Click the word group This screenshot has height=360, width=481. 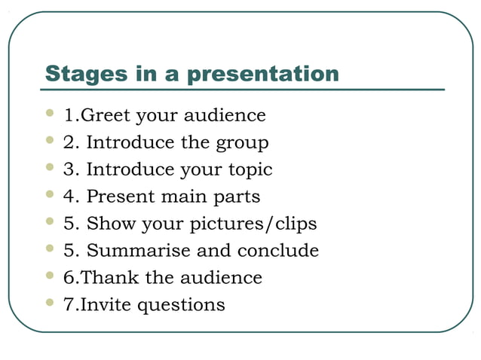point(242,143)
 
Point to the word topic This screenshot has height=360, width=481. point(250,170)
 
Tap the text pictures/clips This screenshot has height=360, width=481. point(253,224)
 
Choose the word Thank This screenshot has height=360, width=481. point(109,278)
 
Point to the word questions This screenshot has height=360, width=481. point(186,305)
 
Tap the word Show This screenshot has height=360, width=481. point(106,224)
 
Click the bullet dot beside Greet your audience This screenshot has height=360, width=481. point(50,114)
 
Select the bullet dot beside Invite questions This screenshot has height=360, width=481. point(50,303)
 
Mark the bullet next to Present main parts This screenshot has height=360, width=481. point(50,195)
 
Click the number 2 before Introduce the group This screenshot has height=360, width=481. point(69,143)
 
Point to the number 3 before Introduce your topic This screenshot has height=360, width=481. point(69,170)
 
